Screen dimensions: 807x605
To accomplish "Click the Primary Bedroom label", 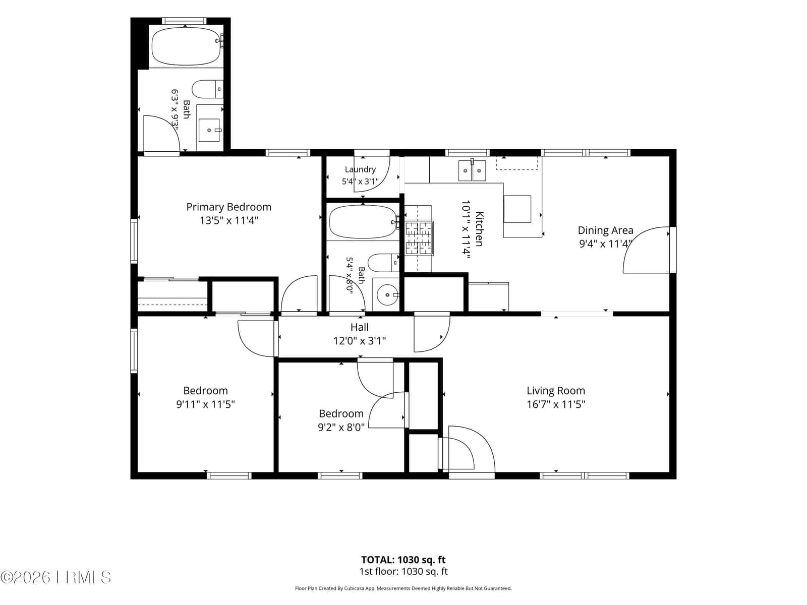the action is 228,207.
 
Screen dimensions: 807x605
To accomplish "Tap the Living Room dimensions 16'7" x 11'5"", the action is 555,404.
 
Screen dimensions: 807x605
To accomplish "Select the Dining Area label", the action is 605,230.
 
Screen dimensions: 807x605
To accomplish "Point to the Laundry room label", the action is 360,169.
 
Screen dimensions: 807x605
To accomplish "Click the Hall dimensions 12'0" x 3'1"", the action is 359,341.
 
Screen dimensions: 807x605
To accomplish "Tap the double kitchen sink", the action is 472,170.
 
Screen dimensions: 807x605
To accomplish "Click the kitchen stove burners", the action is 419,238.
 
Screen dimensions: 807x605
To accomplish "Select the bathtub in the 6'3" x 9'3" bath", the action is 187,46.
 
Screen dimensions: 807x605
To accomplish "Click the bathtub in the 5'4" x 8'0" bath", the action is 363,222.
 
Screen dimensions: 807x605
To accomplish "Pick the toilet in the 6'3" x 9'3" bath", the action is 207,89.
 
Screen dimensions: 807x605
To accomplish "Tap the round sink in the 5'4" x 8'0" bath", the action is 387,294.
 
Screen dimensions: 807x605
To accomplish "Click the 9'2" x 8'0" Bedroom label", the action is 341,413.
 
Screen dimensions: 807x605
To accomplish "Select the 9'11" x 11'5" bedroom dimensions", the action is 205,404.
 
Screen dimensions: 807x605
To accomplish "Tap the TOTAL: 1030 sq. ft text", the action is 403,560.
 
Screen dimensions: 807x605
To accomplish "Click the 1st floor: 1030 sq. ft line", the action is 403,571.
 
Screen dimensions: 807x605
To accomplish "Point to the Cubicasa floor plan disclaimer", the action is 403,588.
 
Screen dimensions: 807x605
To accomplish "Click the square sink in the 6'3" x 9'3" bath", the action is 209,130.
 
